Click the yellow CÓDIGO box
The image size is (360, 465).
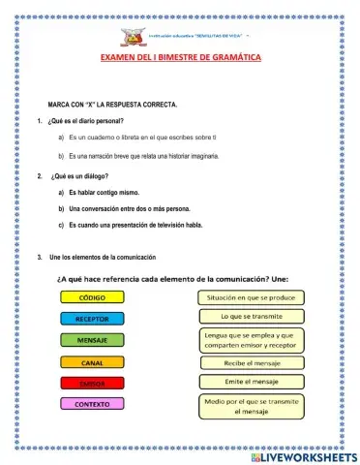point(93,297)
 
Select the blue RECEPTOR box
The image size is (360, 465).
point(93,319)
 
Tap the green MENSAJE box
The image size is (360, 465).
point(93,340)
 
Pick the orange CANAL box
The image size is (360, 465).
point(93,362)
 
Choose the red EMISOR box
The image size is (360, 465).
point(93,384)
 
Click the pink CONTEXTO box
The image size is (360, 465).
point(93,404)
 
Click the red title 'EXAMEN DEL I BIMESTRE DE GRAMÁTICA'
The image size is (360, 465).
point(180,58)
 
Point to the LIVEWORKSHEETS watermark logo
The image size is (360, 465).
point(303,454)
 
